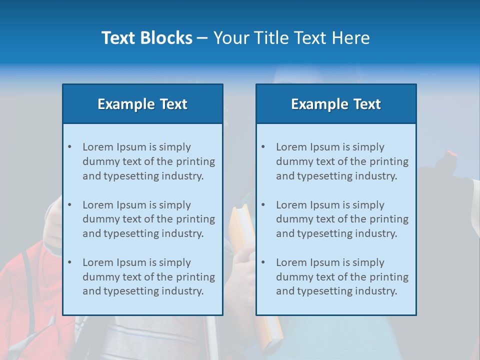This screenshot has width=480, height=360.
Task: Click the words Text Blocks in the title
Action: (146, 38)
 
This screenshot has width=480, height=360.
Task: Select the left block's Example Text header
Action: (142, 104)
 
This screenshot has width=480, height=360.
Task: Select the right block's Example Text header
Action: (336, 104)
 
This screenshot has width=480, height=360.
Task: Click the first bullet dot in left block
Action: (69, 147)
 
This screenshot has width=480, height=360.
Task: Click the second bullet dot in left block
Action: (69, 205)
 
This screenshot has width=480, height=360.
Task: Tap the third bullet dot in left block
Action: (69, 262)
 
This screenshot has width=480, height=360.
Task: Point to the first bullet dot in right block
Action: (263, 147)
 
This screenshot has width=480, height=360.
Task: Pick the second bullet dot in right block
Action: (263, 205)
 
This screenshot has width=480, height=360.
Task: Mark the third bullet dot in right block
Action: (263, 262)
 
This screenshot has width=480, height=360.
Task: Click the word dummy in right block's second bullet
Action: (292, 219)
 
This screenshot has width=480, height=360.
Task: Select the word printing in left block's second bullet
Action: (196, 219)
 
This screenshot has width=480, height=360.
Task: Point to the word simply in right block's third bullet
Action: (368, 262)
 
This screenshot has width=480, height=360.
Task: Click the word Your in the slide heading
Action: (231, 38)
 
